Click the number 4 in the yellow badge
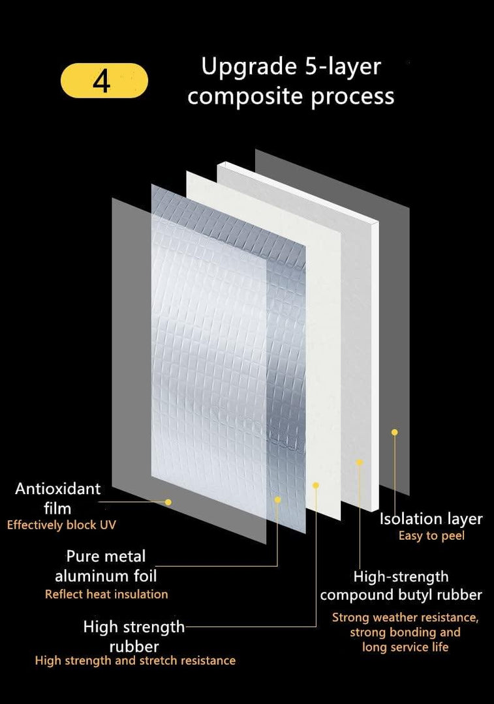[102, 81]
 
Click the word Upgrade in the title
[249, 67]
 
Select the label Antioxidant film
[58, 499]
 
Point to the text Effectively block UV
[61, 525]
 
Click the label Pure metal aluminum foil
[106, 566]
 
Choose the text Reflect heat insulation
[106, 594]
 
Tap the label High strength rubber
[134, 636]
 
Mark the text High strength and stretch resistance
[135, 660]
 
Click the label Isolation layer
[431, 519]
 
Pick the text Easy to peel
[431, 536]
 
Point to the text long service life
[405, 647]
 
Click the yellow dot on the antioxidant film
[168, 502]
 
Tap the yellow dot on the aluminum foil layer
[278, 500]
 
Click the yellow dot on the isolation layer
[395, 432]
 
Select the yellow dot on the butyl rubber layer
[359, 462]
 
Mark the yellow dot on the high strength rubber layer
[316, 486]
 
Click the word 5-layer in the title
[343, 67]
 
